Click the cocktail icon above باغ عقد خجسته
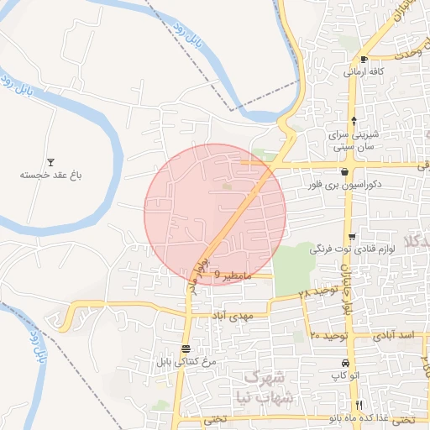50,162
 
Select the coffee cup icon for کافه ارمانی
364,59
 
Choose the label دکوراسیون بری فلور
351,183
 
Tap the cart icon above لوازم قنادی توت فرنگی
352,237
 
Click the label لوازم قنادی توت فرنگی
345,249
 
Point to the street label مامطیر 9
228,275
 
